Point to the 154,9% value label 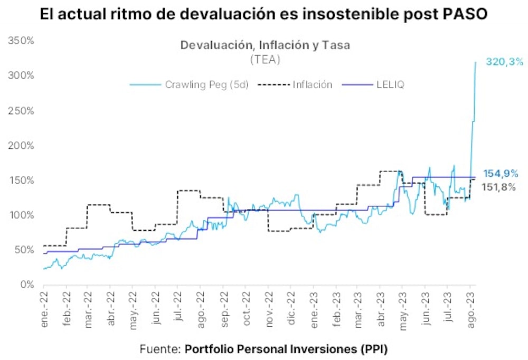pyautogui.click(x=501, y=174)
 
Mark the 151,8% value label pyautogui.click(x=498, y=186)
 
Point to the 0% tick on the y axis pyautogui.click(x=26, y=285)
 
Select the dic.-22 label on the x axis pyautogui.click(x=290, y=310)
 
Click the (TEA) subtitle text pyautogui.click(x=265, y=60)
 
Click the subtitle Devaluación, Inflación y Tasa pyautogui.click(x=265, y=45)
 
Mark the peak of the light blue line pyautogui.click(x=475, y=62)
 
